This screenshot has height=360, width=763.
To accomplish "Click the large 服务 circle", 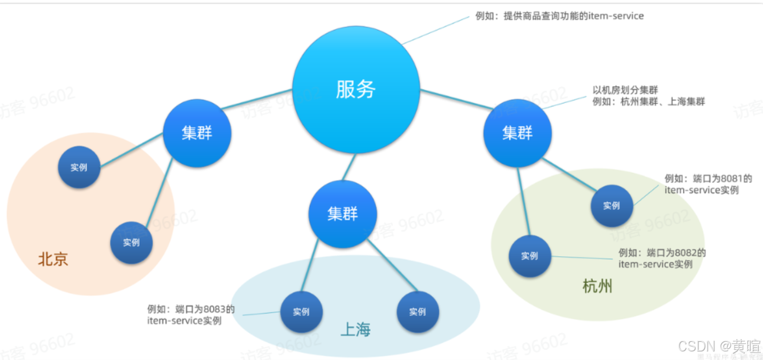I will coord(356,90).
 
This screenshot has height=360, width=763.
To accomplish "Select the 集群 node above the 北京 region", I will coord(197,133).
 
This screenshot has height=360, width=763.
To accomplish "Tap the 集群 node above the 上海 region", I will coord(342,214).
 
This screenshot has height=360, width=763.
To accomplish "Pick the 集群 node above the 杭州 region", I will coord(517,133).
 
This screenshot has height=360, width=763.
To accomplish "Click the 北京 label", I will coord(53,260).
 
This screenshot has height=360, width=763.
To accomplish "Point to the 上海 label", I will coord(355,330).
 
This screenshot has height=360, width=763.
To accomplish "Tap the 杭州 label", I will coord(597,287).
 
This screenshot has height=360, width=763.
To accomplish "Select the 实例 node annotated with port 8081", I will coord(612,206).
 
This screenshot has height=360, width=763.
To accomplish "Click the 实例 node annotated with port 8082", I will coord(529,256).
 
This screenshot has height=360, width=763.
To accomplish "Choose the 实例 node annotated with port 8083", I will coord(301,312).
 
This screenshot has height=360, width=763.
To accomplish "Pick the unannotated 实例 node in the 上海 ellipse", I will coord(417,312).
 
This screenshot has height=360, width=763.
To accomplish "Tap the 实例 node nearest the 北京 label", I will coord(131,243).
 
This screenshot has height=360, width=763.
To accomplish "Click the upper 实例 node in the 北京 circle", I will coord(79,167).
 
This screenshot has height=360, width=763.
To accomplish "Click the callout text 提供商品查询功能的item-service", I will coord(574,16).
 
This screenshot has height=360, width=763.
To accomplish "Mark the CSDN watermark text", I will coord(719,346).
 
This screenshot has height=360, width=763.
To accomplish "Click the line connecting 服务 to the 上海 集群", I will coord(349,167).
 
